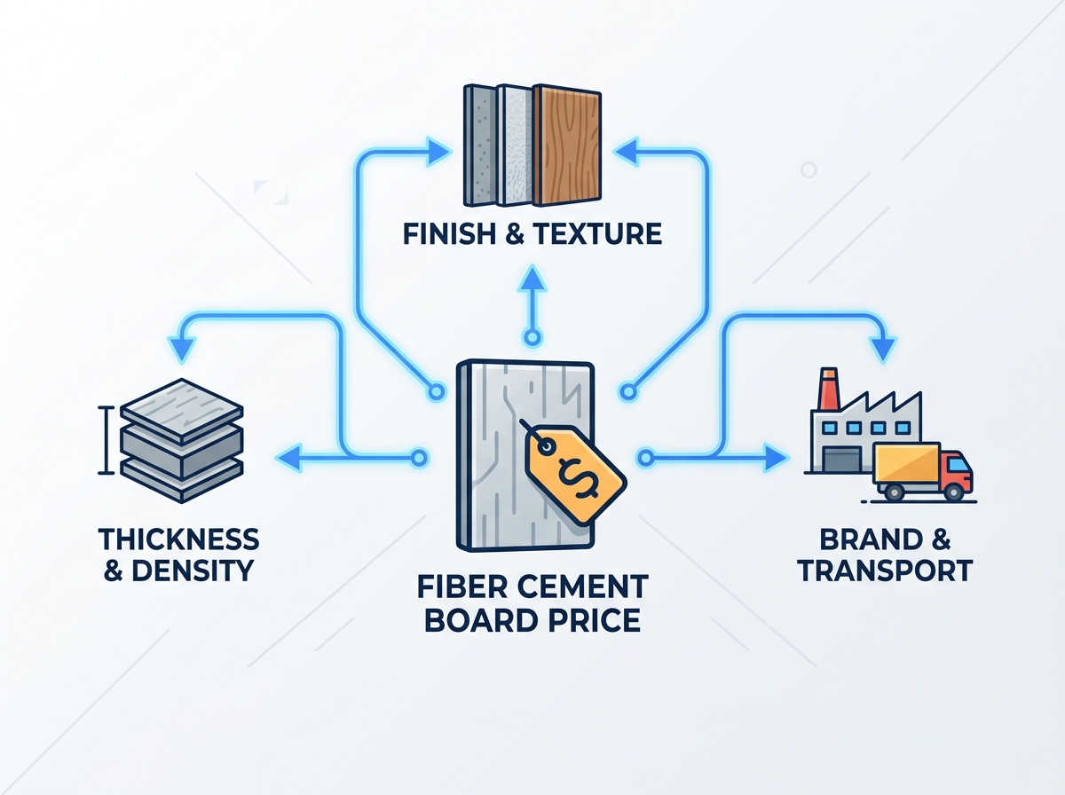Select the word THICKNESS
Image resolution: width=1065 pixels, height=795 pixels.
(x=179, y=539)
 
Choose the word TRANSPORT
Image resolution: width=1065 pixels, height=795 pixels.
(x=885, y=571)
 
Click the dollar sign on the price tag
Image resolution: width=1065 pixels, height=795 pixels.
(x=578, y=478)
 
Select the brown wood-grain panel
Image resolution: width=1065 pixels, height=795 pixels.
(x=568, y=146)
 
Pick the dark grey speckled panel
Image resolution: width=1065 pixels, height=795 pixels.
(x=480, y=146)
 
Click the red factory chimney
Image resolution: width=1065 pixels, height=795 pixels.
(x=828, y=388)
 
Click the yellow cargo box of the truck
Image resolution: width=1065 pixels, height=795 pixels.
(x=906, y=464)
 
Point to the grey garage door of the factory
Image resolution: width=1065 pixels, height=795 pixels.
(x=842, y=460)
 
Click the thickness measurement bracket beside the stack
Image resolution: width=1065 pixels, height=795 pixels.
(x=106, y=440)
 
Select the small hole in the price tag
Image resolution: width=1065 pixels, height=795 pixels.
(x=546, y=445)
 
